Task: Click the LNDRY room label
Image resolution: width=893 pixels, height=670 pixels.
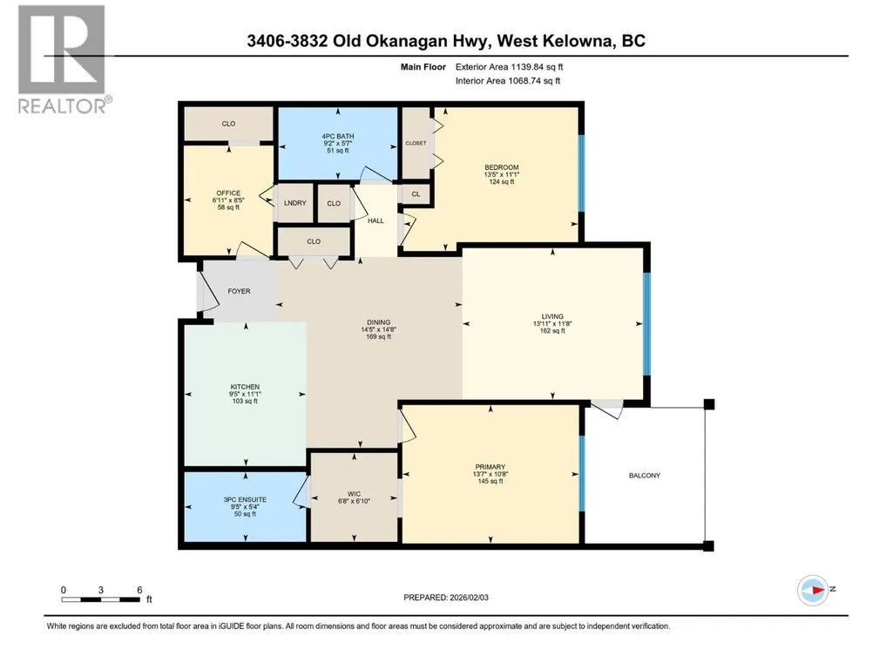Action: pyautogui.click(x=295, y=203)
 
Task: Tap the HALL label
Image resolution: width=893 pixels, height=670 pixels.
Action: pyautogui.click(x=375, y=220)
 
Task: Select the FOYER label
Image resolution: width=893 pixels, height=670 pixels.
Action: pyautogui.click(x=240, y=291)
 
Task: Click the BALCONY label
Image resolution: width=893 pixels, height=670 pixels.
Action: pyautogui.click(x=645, y=475)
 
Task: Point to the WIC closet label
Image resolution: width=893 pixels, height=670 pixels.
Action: pyautogui.click(x=354, y=494)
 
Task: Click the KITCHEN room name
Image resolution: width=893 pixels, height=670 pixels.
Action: pyautogui.click(x=245, y=387)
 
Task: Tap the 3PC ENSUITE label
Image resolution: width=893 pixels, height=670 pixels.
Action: pyautogui.click(x=245, y=499)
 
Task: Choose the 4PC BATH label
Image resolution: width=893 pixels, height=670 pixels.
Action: pyautogui.click(x=338, y=136)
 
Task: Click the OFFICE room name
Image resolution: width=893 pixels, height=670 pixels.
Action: pyautogui.click(x=228, y=193)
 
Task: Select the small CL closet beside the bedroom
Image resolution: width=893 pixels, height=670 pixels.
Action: pyautogui.click(x=416, y=193)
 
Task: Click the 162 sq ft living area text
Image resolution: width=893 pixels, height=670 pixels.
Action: pyautogui.click(x=552, y=330)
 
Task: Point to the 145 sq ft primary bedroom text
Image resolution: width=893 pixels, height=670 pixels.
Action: pyautogui.click(x=490, y=482)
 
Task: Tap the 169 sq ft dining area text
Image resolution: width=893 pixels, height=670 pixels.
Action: pyautogui.click(x=379, y=336)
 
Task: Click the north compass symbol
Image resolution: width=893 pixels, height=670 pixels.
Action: pyautogui.click(x=813, y=590)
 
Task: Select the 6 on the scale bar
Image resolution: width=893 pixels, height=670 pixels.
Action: pyautogui.click(x=139, y=590)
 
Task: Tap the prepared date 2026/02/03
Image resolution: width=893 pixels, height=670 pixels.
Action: pyautogui.click(x=470, y=598)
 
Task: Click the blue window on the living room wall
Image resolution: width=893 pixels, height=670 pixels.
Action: pyautogui.click(x=646, y=325)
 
